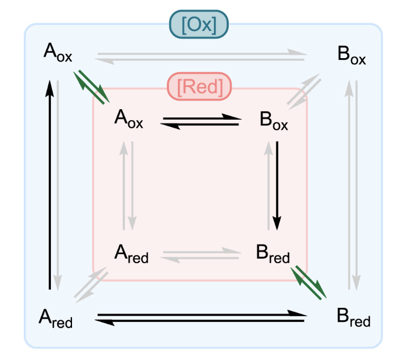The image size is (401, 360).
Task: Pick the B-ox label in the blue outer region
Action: click(351, 56)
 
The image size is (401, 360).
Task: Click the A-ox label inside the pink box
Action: click(128, 119)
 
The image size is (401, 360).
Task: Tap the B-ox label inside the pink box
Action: click(274, 121)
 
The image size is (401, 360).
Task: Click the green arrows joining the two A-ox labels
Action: click(92, 86)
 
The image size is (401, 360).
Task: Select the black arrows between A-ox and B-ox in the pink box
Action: click(200, 121)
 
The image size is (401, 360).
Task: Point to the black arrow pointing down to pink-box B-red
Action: click(277, 186)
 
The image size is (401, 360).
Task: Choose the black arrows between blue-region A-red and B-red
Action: click(201, 318)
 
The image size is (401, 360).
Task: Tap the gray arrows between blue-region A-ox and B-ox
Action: click(201, 56)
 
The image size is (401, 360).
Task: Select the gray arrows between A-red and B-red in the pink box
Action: click(202, 255)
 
